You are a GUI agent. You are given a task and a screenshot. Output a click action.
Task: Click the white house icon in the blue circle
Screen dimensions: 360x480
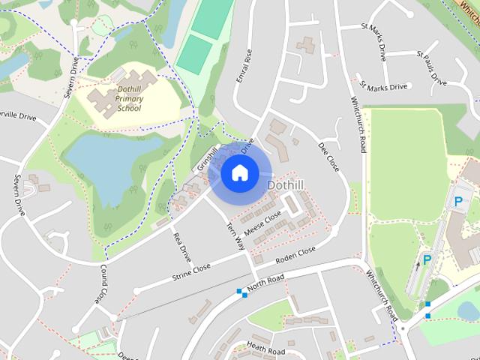(x=239, y=172)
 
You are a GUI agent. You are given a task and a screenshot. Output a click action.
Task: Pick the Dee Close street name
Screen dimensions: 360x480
(x=328, y=156)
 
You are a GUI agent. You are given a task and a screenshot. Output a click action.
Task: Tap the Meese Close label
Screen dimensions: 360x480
(x=262, y=222)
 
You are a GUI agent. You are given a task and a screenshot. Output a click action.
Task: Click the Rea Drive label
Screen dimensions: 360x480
(x=182, y=247)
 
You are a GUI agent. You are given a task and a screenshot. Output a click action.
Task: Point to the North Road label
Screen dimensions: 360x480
(x=265, y=282)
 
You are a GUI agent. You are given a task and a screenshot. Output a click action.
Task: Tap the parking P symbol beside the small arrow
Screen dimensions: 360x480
(x=427, y=260)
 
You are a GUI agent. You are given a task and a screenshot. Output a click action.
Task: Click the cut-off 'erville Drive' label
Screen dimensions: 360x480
(x=17, y=116)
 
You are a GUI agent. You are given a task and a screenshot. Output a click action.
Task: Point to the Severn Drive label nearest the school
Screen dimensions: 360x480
(x=70, y=77)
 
